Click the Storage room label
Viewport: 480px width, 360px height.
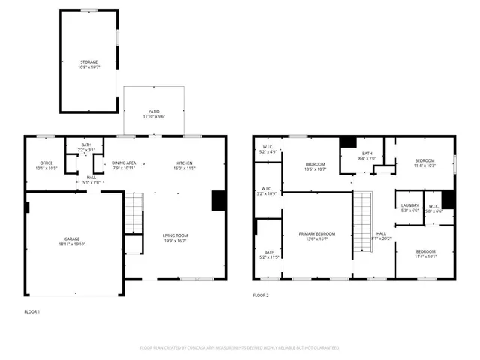pos(89,62)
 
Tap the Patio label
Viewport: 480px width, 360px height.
pos(154,111)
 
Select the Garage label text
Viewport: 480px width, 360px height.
pos(73,239)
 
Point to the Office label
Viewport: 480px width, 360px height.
pos(46,163)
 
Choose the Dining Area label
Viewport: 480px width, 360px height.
pos(124,163)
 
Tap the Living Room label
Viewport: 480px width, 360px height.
pos(175,235)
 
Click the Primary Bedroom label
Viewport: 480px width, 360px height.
pos(317,234)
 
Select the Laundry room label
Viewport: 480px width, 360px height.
pos(409,205)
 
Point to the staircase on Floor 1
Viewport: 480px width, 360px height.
pos(133,213)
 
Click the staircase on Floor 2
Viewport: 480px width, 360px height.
pos(362,213)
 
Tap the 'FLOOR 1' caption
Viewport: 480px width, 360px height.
pos(31,310)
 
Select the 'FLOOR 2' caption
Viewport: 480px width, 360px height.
pos(261,295)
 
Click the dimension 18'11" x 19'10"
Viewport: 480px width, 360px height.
pos(73,244)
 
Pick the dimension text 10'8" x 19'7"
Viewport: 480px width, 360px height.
pos(89,67)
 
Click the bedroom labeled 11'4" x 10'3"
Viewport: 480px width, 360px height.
pos(424,163)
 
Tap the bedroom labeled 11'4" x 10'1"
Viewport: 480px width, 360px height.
pos(424,253)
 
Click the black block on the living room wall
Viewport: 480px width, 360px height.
pos(219,201)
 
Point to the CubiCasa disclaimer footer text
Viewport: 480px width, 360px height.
pos(239,348)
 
